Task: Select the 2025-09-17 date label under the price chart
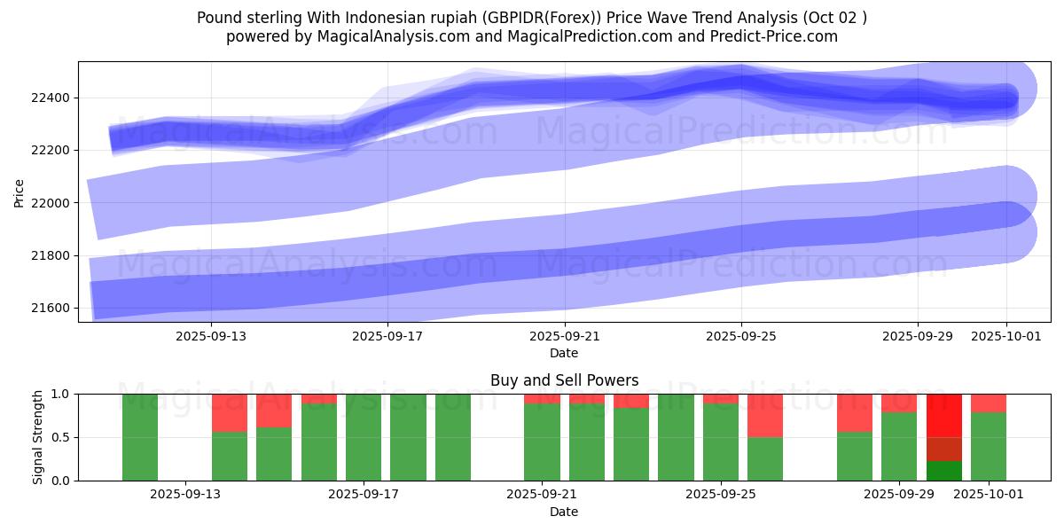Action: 387,336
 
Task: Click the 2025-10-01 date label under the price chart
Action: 1005,336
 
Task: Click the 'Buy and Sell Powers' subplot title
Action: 564,380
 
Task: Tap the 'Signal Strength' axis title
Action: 38,437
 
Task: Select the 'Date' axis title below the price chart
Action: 564,353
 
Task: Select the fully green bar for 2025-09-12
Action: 140,437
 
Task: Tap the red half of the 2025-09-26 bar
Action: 765,415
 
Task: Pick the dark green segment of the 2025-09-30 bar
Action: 944,471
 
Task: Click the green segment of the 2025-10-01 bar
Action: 989,446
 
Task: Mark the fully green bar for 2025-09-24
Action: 676,437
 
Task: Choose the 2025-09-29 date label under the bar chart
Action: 899,494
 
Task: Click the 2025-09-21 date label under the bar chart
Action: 542,494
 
